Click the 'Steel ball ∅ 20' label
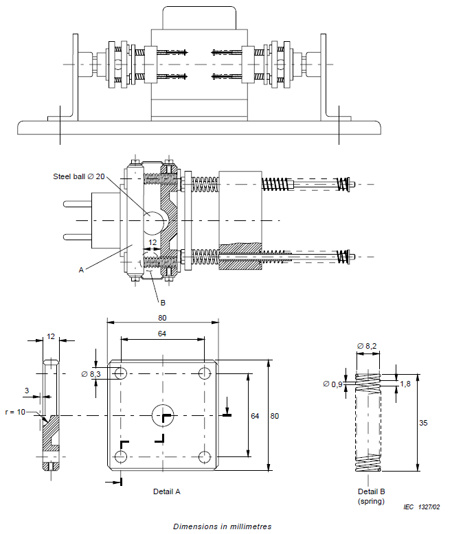pyautogui.click(x=79, y=176)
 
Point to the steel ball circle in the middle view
pyautogui.click(x=155, y=221)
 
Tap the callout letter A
pyautogui.click(x=81, y=270)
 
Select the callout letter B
pyautogui.click(x=163, y=302)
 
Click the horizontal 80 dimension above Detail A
pyautogui.click(x=162, y=318)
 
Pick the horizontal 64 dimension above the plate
pyautogui.click(x=162, y=334)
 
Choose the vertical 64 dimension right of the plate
pyautogui.click(x=254, y=416)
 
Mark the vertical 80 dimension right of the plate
pyautogui.click(x=275, y=416)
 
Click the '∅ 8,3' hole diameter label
pyautogui.click(x=91, y=374)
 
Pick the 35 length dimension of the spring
pyautogui.click(x=423, y=423)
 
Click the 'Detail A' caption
pyautogui.click(x=166, y=491)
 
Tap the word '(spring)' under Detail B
pyautogui.click(x=372, y=501)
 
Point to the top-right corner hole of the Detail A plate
pyautogui.click(x=204, y=373)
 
